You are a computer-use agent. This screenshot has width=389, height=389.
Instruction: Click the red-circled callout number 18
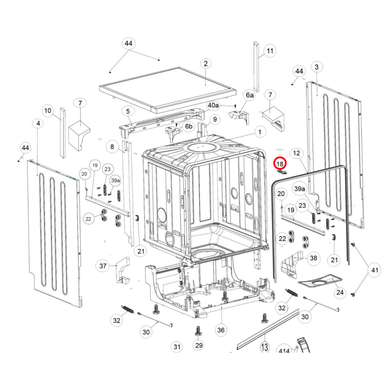(x=280, y=163)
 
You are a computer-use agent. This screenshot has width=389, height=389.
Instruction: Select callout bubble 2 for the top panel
(x=206, y=64)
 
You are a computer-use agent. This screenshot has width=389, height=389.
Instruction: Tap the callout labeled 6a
(x=250, y=95)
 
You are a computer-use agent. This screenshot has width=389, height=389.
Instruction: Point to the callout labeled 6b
(x=189, y=126)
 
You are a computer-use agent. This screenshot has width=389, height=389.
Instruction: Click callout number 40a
(x=213, y=105)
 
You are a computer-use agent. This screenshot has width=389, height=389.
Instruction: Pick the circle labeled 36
(x=221, y=330)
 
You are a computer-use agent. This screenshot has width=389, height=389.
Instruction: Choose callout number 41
(x=374, y=270)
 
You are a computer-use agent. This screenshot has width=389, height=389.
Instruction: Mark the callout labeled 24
(x=340, y=292)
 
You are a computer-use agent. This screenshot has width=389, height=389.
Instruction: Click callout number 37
(x=103, y=266)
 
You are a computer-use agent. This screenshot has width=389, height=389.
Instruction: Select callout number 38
(x=313, y=258)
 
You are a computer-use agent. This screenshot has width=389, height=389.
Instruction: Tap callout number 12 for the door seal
(x=296, y=153)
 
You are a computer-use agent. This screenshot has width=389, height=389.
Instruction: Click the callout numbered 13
(x=265, y=347)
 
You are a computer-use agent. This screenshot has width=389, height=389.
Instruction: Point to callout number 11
(x=270, y=51)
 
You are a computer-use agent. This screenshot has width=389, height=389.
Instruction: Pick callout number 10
(x=48, y=110)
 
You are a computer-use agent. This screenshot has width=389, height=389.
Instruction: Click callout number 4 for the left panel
(x=38, y=123)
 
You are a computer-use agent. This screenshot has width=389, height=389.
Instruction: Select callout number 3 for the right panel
(x=317, y=67)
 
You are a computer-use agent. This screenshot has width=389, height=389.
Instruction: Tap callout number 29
(x=199, y=345)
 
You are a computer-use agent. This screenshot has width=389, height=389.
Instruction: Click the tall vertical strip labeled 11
(x=256, y=67)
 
